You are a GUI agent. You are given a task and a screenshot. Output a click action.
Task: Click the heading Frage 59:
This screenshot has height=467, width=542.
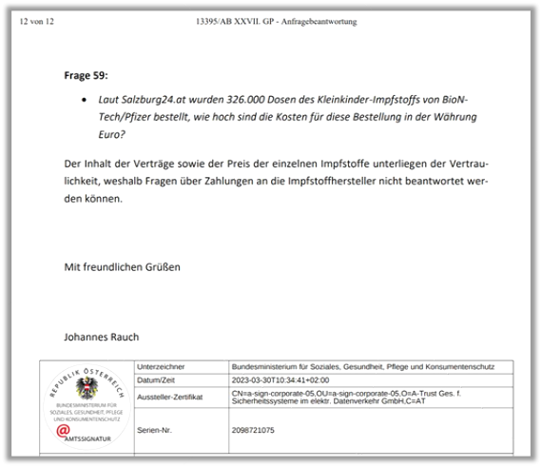click(x=87, y=74)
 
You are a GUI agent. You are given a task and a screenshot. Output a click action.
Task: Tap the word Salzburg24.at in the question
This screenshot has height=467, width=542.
click(x=154, y=100)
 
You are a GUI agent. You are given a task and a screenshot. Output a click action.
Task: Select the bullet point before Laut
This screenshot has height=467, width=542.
click(x=87, y=100)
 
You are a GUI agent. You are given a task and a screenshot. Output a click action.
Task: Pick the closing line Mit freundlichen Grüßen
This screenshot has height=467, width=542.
click(x=122, y=267)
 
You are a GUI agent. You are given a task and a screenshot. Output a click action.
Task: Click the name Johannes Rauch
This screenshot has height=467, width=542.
click(x=101, y=337)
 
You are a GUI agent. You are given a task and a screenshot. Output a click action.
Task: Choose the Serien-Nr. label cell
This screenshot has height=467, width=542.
click(x=156, y=430)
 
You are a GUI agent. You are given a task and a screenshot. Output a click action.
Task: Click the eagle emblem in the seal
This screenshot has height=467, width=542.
click(x=87, y=388)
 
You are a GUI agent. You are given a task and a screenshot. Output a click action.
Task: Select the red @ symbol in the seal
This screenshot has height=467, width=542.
click(x=64, y=430)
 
